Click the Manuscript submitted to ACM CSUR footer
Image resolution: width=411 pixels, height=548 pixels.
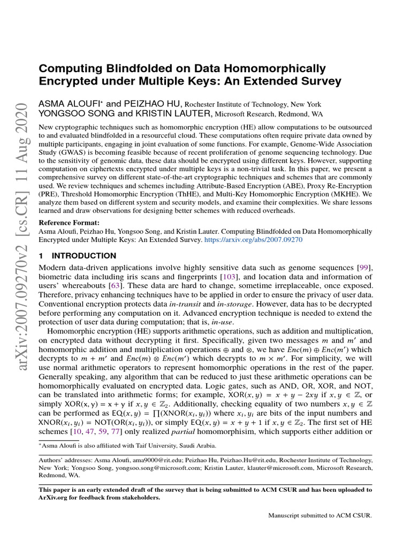coord(319,516)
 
